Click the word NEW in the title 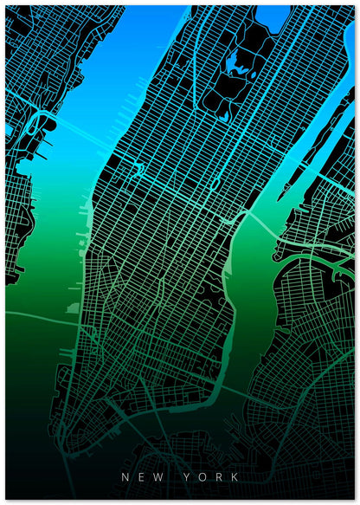(140, 476)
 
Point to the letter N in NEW (125, 476)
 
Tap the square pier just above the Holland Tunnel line (72, 308)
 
